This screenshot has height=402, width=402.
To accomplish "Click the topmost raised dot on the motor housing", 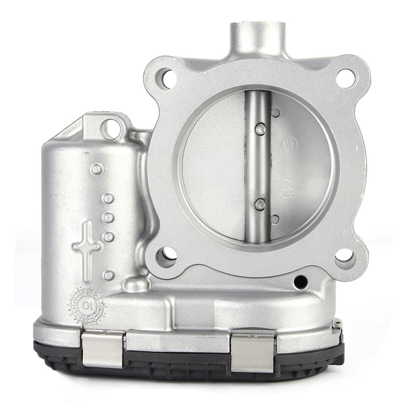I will pyautogui.click(x=97, y=169).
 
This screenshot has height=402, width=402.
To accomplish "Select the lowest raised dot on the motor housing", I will pyautogui.click(x=108, y=275).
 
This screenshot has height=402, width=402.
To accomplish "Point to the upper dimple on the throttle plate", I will pyautogui.click(x=275, y=113).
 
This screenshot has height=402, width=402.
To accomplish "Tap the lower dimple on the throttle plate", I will pyautogui.click(x=275, y=219).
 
